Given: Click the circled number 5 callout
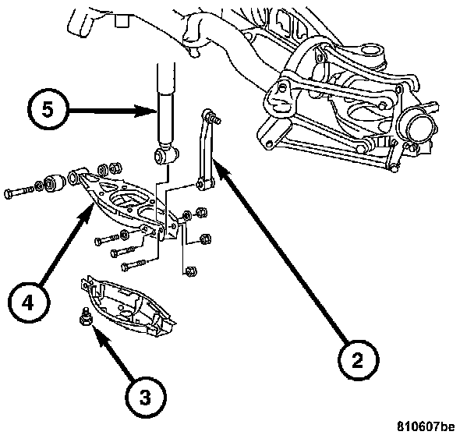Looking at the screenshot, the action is coord(48,110).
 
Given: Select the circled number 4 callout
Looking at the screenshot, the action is coord(29,302).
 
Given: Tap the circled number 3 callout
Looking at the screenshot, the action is coord(146,397).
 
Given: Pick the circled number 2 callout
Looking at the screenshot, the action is coord(358,359).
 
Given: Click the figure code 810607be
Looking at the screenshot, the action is coord(426,426).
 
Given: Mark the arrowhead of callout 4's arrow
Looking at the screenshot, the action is coord(88,211).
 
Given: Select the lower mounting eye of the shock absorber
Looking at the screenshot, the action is coord(165,155).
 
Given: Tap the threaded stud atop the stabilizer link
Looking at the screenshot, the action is coord(215,117).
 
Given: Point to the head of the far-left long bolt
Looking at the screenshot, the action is coord(9,194).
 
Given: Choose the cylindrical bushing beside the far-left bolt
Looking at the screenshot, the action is coord(55,182).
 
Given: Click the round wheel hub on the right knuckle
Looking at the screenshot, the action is coord(418,128).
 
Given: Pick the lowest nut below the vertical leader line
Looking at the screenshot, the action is coord(191,271).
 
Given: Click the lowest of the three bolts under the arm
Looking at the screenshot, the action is coord(133,264).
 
